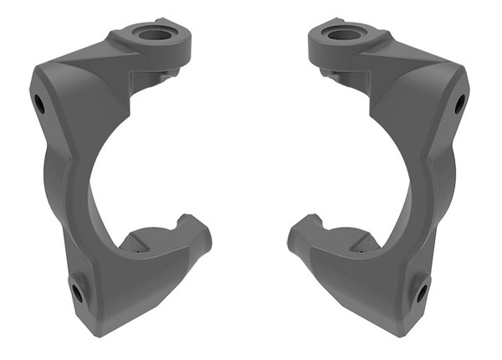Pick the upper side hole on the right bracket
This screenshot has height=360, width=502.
458,104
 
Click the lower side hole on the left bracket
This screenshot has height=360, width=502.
77,292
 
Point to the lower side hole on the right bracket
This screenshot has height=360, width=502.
421,292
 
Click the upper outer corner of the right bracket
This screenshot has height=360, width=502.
465,74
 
